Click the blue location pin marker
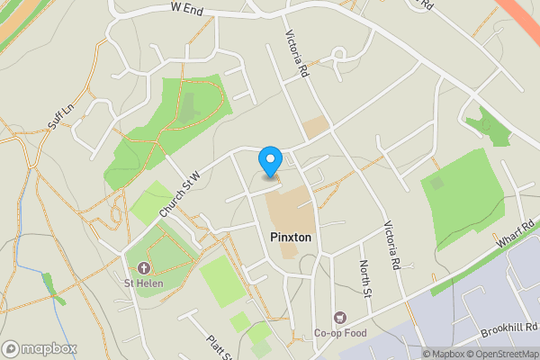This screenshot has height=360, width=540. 270,162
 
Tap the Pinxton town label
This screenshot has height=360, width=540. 291,236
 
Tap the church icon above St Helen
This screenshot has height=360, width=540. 143,268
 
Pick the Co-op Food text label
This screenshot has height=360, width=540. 340,333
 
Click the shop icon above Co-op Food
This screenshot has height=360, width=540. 340,317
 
